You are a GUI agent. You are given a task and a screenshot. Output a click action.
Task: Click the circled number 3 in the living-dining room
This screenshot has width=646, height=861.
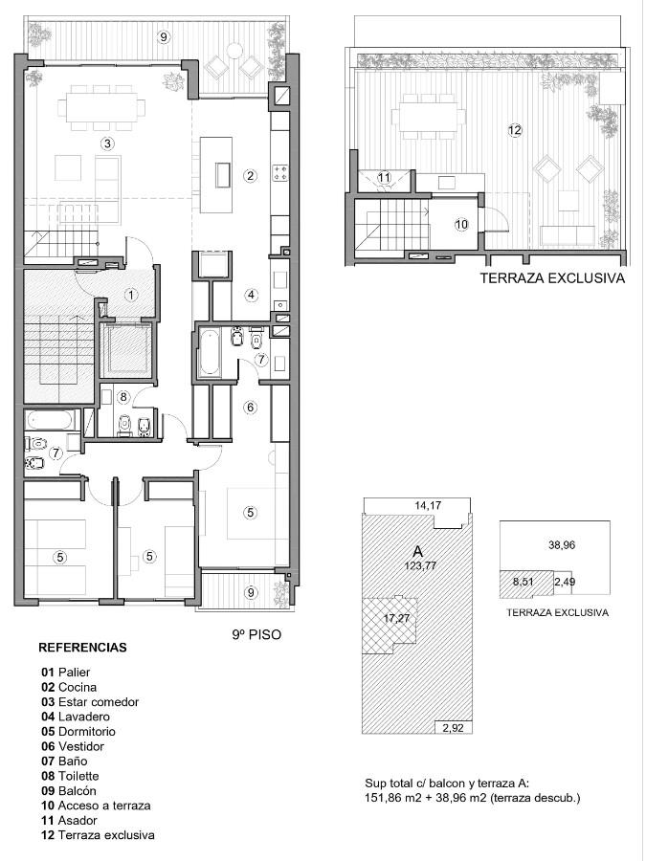pyautogui.click(x=107, y=143)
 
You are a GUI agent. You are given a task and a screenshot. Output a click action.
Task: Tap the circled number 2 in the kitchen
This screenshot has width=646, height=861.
pyautogui.click(x=250, y=176)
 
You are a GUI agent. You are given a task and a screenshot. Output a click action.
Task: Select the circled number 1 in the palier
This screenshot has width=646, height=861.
pyautogui.click(x=131, y=295)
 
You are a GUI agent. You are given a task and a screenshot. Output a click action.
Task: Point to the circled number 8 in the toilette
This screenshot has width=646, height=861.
pyautogui.click(x=123, y=396)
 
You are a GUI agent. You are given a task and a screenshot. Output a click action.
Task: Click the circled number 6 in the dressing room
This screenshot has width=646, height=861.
pyautogui.click(x=251, y=408)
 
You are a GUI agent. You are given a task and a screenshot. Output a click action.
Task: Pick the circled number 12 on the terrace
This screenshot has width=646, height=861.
pyautogui.click(x=515, y=131)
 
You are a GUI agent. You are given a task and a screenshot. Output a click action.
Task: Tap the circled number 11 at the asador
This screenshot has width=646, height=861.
pyautogui.click(x=384, y=178)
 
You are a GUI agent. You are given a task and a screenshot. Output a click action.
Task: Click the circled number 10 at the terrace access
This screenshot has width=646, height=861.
pyautogui.click(x=462, y=224)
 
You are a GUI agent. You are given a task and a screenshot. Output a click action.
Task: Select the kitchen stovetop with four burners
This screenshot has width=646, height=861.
pyautogui.click(x=280, y=173)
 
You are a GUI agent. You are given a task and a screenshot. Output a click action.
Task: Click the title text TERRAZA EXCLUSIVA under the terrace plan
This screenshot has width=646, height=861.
pyautogui.click(x=552, y=277)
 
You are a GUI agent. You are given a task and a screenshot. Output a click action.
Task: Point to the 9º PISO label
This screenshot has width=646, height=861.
pyautogui.click(x=256, y=635)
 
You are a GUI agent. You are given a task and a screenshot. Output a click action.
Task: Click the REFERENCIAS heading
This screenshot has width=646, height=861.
pyautogui.click(x=82, y=648)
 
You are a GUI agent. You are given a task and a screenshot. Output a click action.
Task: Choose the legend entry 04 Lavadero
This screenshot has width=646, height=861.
pyautogui.click(x=76, y=717)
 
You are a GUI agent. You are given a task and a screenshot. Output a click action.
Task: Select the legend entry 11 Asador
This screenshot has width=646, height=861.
pyautogui.click(x=69, y=821)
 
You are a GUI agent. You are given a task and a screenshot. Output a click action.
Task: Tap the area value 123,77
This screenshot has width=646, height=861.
pyautogui.click(x=421, y=565)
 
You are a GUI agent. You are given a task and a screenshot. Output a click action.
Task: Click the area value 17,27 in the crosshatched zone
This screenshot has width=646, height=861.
pyautogui.click(x=397, y=618)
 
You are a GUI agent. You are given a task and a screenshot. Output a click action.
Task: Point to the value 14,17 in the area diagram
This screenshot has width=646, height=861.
pyautogui.click(x=428, y=505)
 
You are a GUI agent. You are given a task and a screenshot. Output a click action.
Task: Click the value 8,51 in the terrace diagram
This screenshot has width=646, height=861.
pyautogui.click(x=523, y=582)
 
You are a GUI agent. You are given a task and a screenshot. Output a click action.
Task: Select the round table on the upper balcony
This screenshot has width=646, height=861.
pyautogui.click(x=234, y=50)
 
